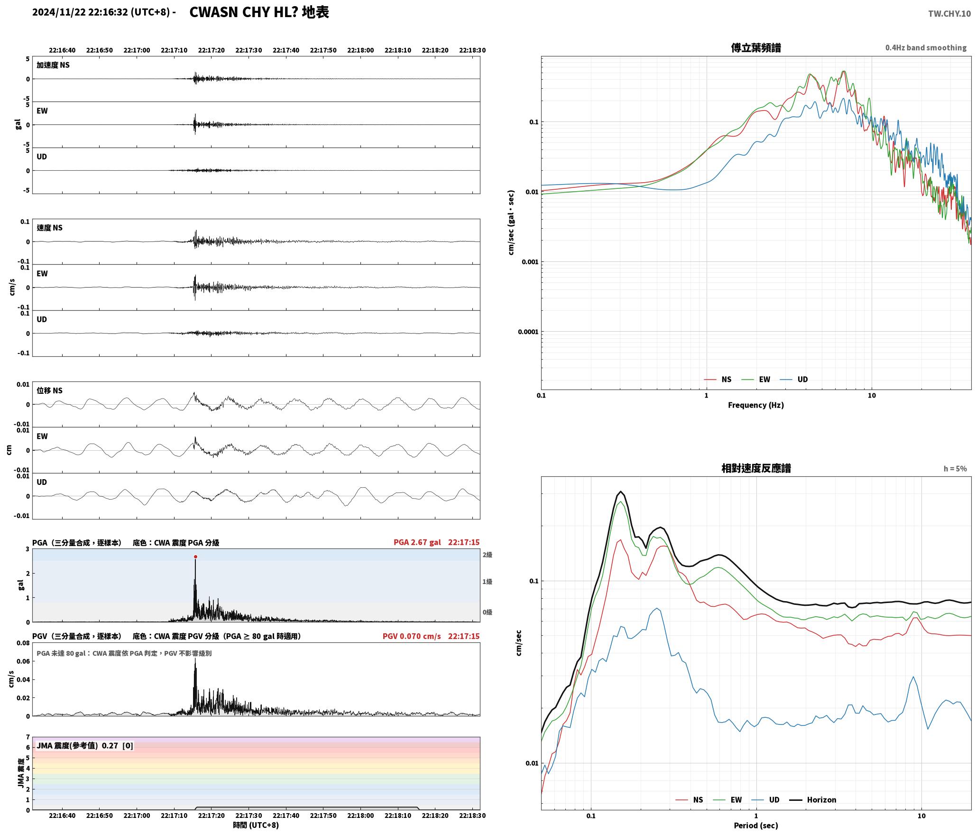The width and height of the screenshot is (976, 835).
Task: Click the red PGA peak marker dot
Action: (195, 557)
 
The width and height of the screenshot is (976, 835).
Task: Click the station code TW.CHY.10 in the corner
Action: (949, 14)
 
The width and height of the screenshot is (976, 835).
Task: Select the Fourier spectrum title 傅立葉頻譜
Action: (756, 47)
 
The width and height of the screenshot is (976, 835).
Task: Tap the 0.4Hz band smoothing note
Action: (926, 47)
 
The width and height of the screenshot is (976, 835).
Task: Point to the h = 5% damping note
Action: (955, 468)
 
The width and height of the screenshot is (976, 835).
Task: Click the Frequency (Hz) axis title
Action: (756, 405)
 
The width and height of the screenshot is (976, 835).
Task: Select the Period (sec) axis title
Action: (756, 825)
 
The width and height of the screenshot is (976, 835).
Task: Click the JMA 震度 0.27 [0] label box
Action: (85, 745)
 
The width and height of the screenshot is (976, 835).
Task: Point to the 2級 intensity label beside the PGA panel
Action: (487, 555)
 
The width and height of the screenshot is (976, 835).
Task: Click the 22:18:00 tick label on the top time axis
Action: (360, 50)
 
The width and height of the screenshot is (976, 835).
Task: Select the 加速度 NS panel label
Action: (53, 65)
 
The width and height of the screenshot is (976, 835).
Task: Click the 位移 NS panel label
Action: (49, 390)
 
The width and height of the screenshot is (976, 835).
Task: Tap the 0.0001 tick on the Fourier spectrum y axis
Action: (528, 332)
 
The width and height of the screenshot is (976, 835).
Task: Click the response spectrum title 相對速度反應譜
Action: (756, 468)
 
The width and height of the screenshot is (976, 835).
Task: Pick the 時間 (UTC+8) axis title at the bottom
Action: (256, 825)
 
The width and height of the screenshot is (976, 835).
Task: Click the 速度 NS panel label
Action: (49, 228)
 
